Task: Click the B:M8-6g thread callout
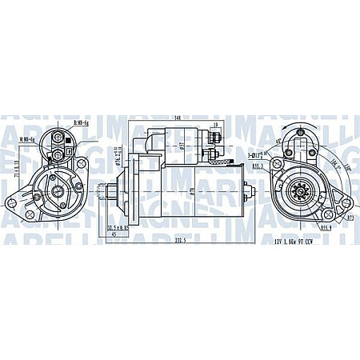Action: (81, 122)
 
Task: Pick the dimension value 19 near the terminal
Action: (216, 126)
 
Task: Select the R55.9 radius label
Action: (326, 227)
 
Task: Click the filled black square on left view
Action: (70, 147)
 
